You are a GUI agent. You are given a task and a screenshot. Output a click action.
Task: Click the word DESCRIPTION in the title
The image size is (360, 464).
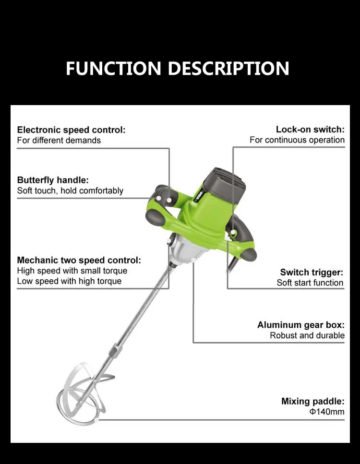tap(228, 68)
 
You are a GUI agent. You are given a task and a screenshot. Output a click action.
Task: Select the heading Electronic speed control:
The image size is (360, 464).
tap(71, 130)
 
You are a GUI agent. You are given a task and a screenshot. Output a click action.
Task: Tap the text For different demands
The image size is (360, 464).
tap(59, 141)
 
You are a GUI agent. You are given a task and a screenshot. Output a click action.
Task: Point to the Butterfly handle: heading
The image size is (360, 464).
tap(53, 180)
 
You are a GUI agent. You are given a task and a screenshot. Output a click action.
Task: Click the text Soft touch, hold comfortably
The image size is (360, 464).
tap(70, 191)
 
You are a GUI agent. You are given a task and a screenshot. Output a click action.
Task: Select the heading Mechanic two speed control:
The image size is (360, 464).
tap(79, 261)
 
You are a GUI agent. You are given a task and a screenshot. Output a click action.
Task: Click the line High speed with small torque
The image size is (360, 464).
tap(72, 271)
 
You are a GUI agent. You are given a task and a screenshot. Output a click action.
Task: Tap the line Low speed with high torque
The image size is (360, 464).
tap(69, 281)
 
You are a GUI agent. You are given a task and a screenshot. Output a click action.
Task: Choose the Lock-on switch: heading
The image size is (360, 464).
tap(310, 130)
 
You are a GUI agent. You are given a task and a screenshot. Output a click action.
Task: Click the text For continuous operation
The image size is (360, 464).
tap(297, 140)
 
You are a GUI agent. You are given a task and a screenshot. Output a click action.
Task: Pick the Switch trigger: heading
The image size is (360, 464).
tap(312, 272)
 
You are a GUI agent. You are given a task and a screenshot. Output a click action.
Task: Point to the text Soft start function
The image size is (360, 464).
tap(310, 283)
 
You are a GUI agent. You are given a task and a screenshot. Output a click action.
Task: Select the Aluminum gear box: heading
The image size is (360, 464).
tap(300, 325)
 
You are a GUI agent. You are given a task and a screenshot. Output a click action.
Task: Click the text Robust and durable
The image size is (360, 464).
tap(307, 335)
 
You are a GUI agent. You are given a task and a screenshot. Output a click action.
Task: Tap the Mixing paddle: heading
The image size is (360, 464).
tap(312, 402)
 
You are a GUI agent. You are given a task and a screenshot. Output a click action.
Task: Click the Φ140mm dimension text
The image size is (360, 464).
tap(326, 412)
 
